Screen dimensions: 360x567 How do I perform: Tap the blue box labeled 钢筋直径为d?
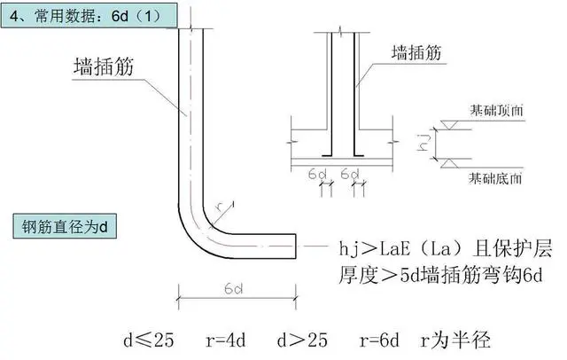pyautogui.click(x=66, y=227)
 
